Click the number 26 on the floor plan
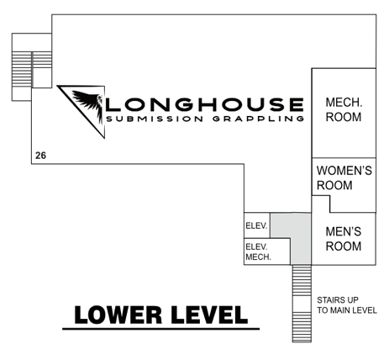pyautogui.click(x=40, y=156)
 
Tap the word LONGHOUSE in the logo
pyautogui.click(x=205, y=104)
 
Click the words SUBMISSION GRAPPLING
pyautogui.click(x=205, y=119)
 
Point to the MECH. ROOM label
pyautogui.click(x=344, y=109)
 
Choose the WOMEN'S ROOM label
pyautogui.click(x=344, y=177)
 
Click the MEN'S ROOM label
pyautogui.click(x=344, y=239)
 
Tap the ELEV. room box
pyautogui.click(x=257, y=225)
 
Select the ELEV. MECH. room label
pyautogui.click(x=258, y=251)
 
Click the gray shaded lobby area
pyautogui.click(x=301, y=238)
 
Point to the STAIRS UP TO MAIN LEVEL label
pyautogui.click(x=347, y=305)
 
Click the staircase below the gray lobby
pyautogui.click(x=302, y=304)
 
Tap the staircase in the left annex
pyautogui.click(x=32, y=70)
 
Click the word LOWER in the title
pyautogui.click(x=118, y=315)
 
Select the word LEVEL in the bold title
pyautogui.click(x=209, y=315)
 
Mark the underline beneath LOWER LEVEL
pyautogui.click(x=160, y=329)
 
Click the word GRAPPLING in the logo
pyautogui.click(x=258, y=119)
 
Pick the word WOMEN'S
pyautogui.click(x=344, y=171)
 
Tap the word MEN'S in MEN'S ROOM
pyautogui.click(x=344, y=231)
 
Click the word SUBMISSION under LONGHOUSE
pyautogui.click(x=155, y=119)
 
